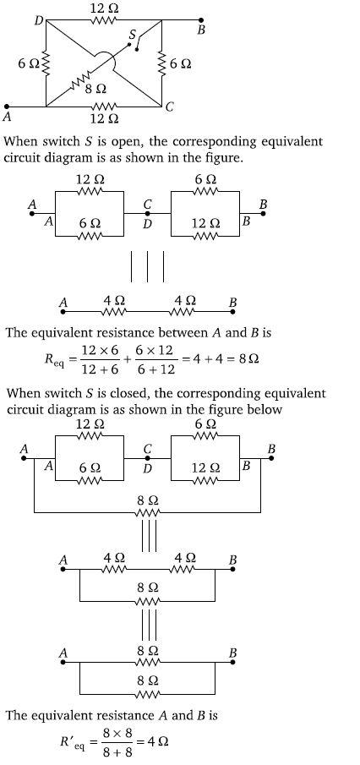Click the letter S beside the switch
click(132, 35)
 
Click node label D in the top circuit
click(39, 20)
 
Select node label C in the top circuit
click(169, 107)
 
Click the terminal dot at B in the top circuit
click(201, 20)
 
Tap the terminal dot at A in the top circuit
click(7, 107)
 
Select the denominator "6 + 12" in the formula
click(155, 369)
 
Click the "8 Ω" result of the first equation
click(248, 359)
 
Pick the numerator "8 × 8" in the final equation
click(117, 732)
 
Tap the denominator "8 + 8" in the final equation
click(117, 751)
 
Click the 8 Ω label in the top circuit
click(95, 89)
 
